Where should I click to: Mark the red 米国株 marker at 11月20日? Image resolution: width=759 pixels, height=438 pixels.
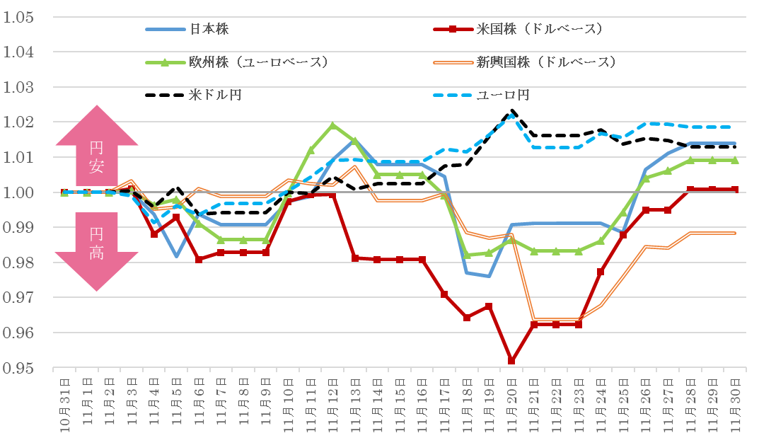(x=511, y=361)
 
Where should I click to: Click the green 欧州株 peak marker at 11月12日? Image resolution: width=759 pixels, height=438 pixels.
(x=332, y=125)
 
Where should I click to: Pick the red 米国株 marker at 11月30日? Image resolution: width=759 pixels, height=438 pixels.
(x=736, y=190)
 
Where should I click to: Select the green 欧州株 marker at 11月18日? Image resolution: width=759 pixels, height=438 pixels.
(x=467, y=255)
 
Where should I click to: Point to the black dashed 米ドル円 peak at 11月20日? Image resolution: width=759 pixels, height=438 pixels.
(x=511, y=111)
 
